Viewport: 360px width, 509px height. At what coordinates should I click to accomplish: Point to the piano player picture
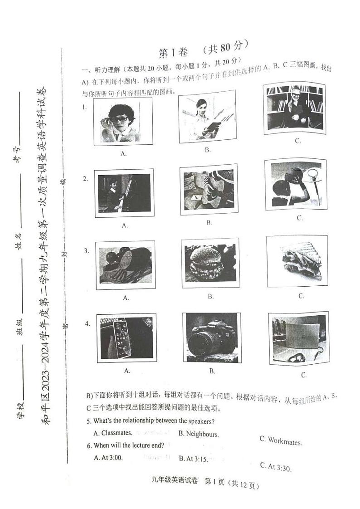122,194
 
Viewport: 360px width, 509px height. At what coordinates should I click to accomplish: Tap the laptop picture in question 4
298,338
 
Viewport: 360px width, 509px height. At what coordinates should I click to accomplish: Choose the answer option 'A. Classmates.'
113,433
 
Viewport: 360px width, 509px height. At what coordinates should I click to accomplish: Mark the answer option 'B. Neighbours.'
198,434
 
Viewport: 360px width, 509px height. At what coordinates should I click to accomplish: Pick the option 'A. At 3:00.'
108,458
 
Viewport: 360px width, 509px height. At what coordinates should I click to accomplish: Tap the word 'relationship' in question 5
141,421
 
